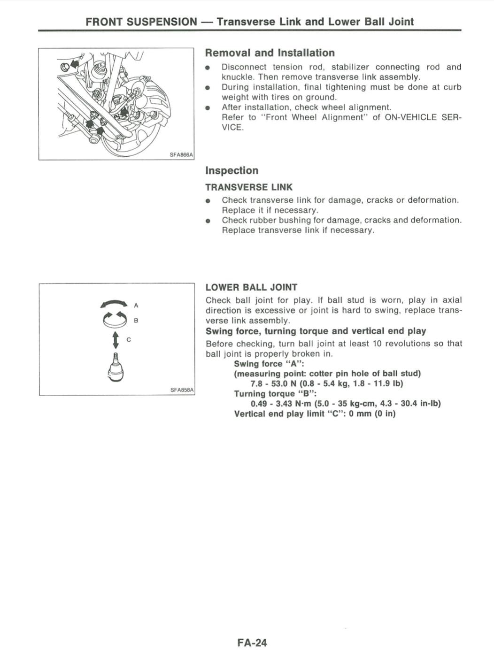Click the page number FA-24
(x=252, y=643)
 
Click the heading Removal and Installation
(x=270, y=53)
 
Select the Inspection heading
(x=232, y=170)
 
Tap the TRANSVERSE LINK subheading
(x=249, y=187)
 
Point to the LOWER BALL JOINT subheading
(x=251, y=287)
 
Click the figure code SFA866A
(x=181, y=154)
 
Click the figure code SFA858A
(x=182, y=390)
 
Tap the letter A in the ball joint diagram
(x=136, y=306)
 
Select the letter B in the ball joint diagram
(x=136, y=321)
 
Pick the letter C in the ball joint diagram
(x=129, y=339)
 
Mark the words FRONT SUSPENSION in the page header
(x=141, y=22)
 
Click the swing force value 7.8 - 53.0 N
(x=273, y=383)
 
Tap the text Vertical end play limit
(x=278, y=414)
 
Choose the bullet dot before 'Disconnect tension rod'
(x=208, y=68)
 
